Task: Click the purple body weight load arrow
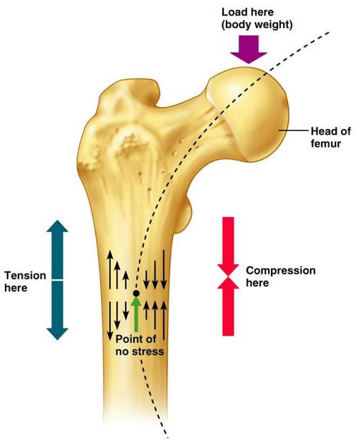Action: click(248, 49)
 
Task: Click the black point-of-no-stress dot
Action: click(136, 293)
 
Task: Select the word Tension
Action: click(25, 276)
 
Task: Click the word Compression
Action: click(281, 271)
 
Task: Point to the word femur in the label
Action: click(325, 143)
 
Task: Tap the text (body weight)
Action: click(257, 25)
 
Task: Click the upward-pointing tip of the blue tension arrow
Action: click(57, 221)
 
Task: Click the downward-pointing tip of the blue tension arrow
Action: click(57, 340)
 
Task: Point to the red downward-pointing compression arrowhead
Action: click(228, 269)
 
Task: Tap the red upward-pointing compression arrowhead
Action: click(228, 283)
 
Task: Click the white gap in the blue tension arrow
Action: click(57, 280)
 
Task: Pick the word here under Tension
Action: click(16, 288)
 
